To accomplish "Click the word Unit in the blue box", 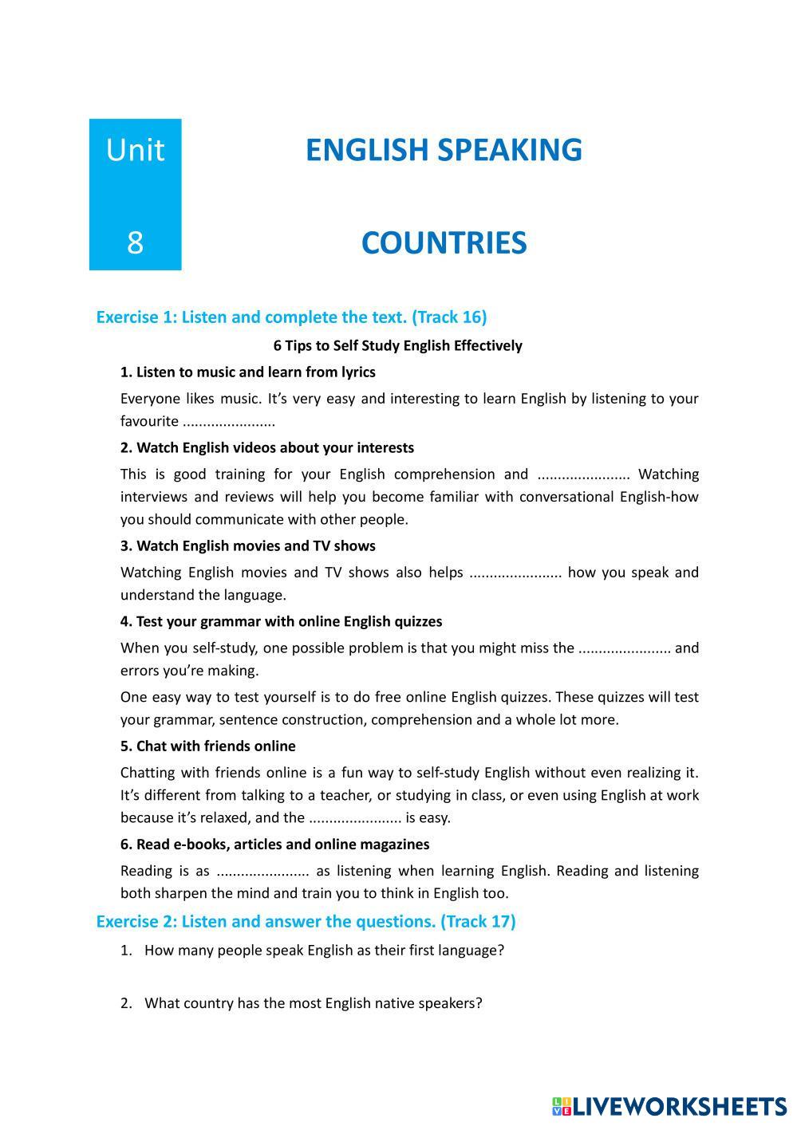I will click(135, 150).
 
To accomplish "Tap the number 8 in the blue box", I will click(135, 242).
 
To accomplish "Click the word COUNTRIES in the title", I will click(444, 243).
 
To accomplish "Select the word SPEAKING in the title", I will click(507, 150).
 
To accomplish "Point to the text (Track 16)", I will click(449, 317).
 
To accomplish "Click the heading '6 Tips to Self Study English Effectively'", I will click(397, 346).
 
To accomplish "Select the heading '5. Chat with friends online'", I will click(207, 746).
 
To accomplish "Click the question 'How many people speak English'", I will click(324, 951).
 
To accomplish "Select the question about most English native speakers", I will click(313, 1003).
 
